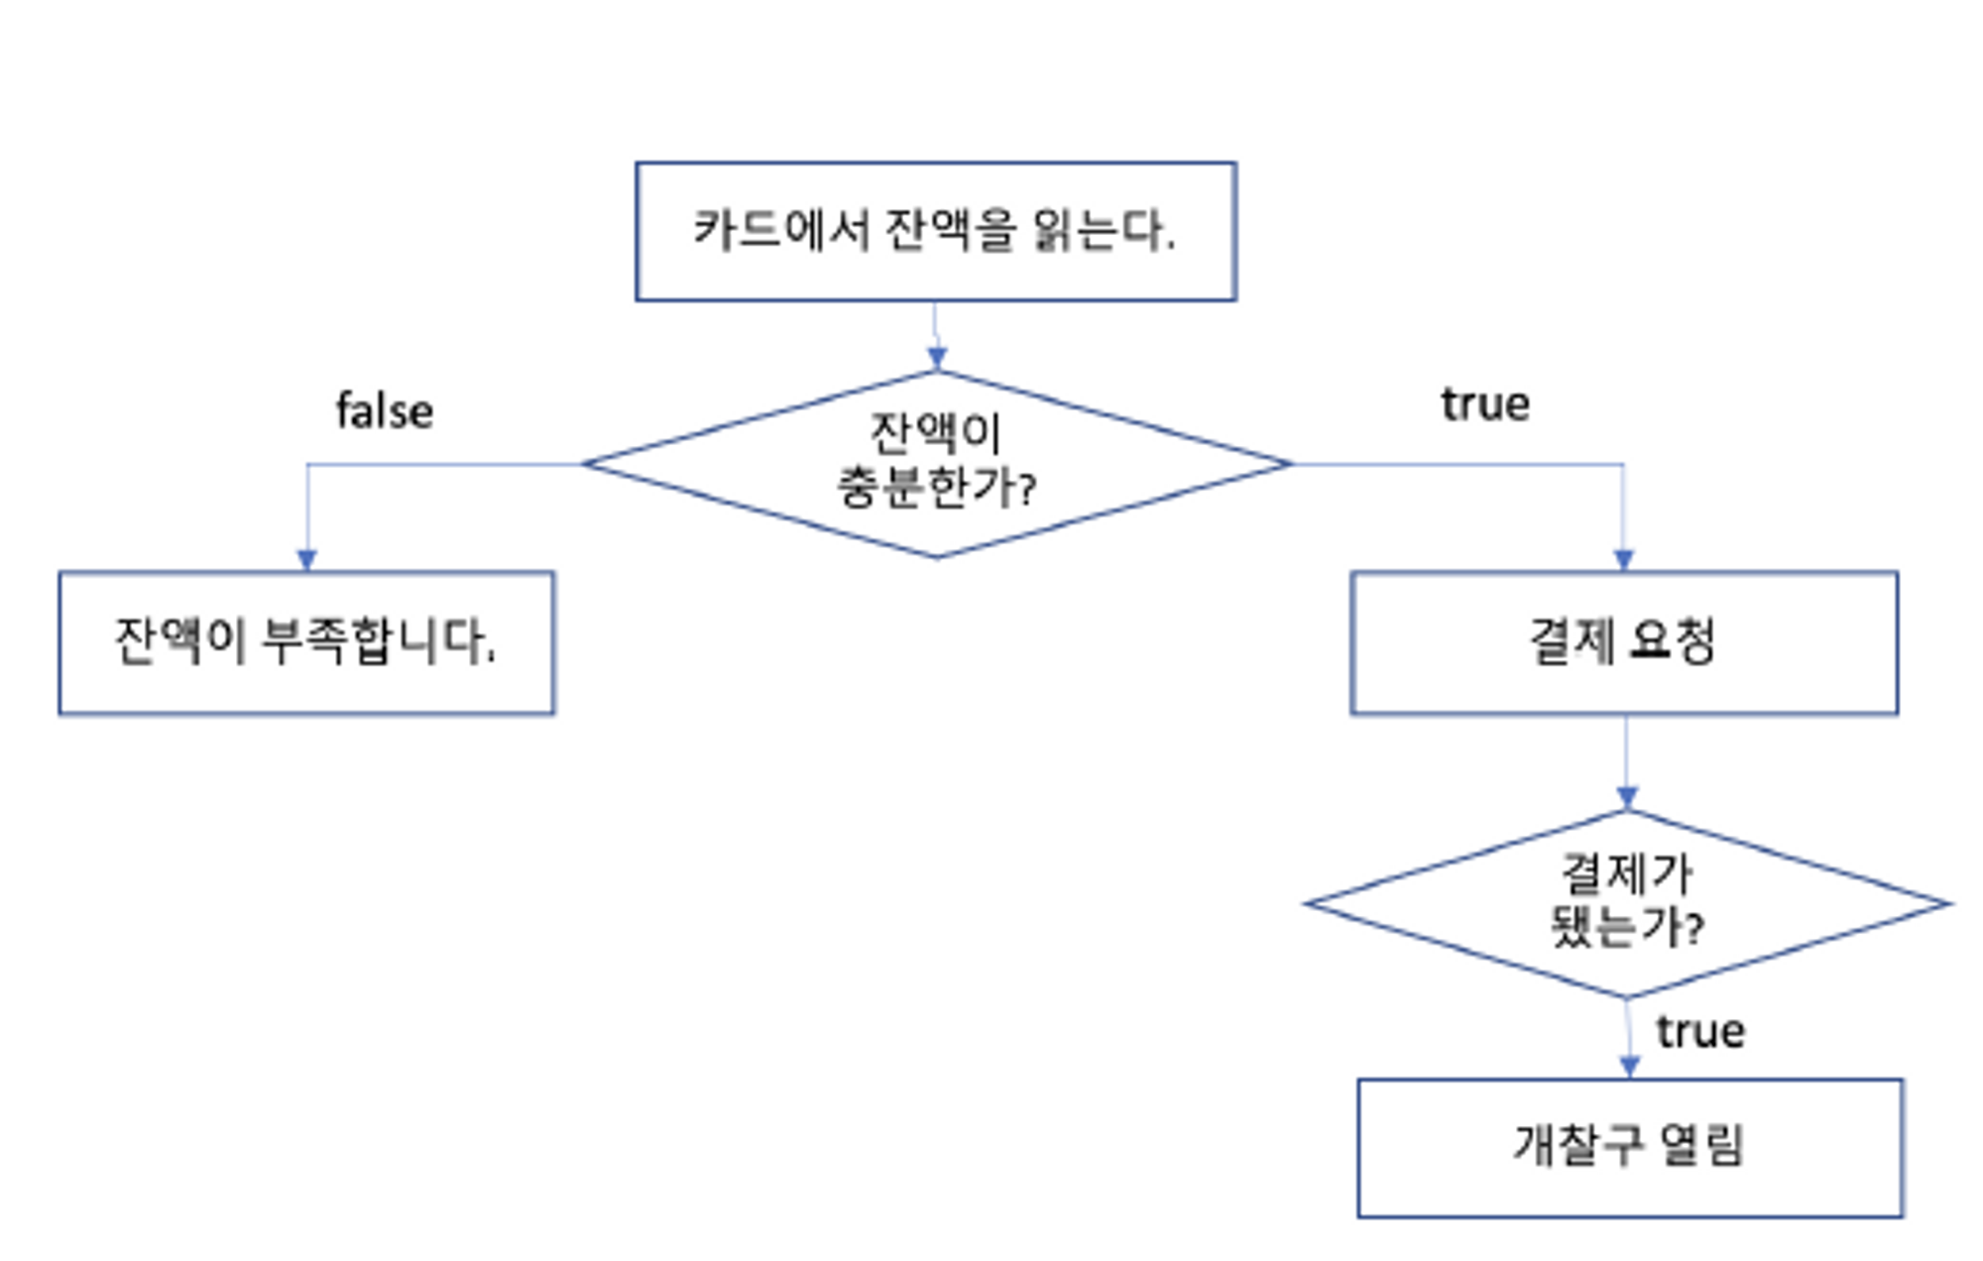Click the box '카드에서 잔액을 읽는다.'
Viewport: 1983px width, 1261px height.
tap(935, 231)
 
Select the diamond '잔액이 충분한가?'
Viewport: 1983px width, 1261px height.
tap(936, 463)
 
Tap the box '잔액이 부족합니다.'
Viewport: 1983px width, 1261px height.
tap(306, 641)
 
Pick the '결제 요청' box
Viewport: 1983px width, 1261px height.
tap(1623, 641)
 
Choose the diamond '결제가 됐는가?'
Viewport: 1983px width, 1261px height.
tap(1626, 902)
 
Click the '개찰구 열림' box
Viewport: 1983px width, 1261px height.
tap(1629, 1147)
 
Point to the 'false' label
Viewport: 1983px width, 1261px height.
tap(385, 411)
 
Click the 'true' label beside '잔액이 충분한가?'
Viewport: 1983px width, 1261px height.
tap(1484, 404)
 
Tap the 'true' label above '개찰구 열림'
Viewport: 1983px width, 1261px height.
tap(1699, 1032)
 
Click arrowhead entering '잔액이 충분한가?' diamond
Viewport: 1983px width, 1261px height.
tap(937, 358)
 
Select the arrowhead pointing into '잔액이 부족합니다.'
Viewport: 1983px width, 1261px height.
tap(307, 559)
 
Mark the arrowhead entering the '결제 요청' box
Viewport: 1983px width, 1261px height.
tap(1623, 559)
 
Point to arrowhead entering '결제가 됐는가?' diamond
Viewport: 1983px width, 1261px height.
tap(1627, 797)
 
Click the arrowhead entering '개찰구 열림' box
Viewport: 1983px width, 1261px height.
tap(1629, 1067)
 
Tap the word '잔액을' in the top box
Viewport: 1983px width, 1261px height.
tap(949, 230)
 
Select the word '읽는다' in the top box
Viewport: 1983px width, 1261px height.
tap(1101, 230)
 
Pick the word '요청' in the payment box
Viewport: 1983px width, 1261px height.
tap(1671, 640)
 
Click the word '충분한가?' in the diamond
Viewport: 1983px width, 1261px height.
tap(936, 488)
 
